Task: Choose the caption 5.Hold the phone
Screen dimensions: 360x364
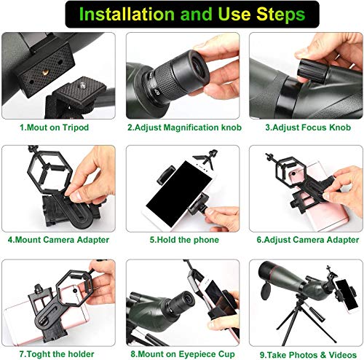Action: coord(178,238)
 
